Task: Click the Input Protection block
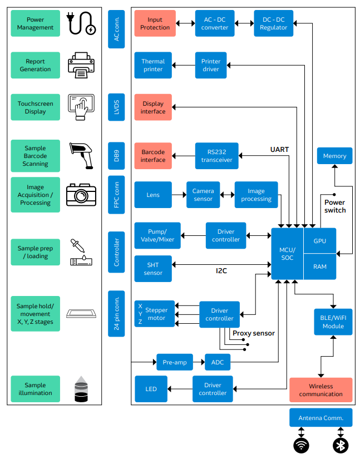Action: [155, 23]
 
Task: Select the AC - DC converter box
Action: [215, 23]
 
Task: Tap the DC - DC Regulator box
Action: [273, 23]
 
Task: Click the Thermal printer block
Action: [153, 66]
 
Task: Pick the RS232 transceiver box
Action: [216, 156]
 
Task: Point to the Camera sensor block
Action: [203, 195]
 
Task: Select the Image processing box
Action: [256, 195]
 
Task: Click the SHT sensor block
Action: [153, 269]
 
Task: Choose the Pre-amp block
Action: [175, 362]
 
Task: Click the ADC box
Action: [218, 362]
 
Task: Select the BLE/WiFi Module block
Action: [333, 322]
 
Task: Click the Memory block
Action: [334, 156]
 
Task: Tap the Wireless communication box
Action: [320, 390]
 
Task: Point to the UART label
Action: [279, 149]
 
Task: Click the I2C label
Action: [221, 271]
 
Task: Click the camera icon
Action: [81, 194]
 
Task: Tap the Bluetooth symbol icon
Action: [340, 445]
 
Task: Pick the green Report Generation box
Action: [35, 66]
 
